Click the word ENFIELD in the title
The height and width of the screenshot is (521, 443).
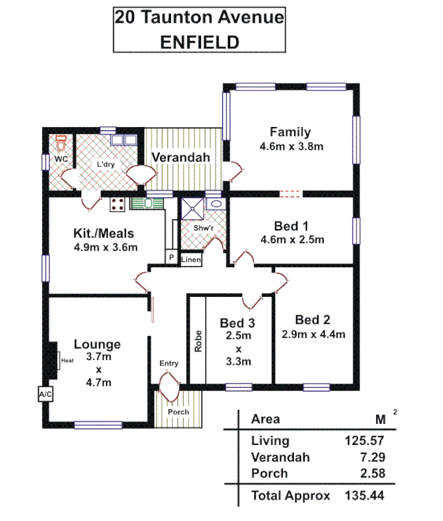click(x=200, y=42)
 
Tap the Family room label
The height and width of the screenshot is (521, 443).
click(x=291, y=132)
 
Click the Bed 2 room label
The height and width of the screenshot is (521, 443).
click(x=313, y=320)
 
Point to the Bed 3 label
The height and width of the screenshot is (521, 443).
click(x=237, y=323)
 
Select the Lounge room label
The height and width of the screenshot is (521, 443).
click(x=97, y=344)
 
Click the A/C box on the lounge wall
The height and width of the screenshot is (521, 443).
click(x=45, y=395)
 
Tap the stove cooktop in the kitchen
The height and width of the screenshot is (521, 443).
click(x=118, y=204)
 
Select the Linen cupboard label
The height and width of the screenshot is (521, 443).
click(x=191, y=260)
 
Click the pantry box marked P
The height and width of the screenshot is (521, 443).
click(x=170, y=258)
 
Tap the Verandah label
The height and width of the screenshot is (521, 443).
click(x=180, y=158)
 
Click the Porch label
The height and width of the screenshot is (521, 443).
click(x=178, y=412)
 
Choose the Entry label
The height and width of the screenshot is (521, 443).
click(x=168, y=363)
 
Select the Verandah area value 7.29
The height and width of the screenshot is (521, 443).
click(x=369, y=457)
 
